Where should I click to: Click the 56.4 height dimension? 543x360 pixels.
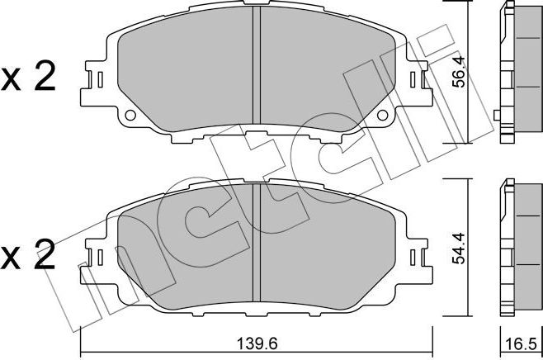pos(464,72)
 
